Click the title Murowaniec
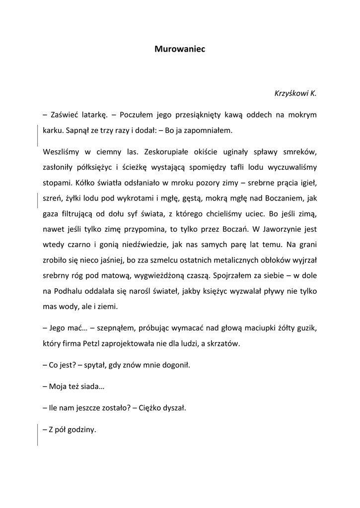[180, 49]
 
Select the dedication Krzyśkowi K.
[295, 93]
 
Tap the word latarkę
[89, 115]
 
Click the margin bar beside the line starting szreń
[38, 199]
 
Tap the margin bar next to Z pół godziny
[38, 435]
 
